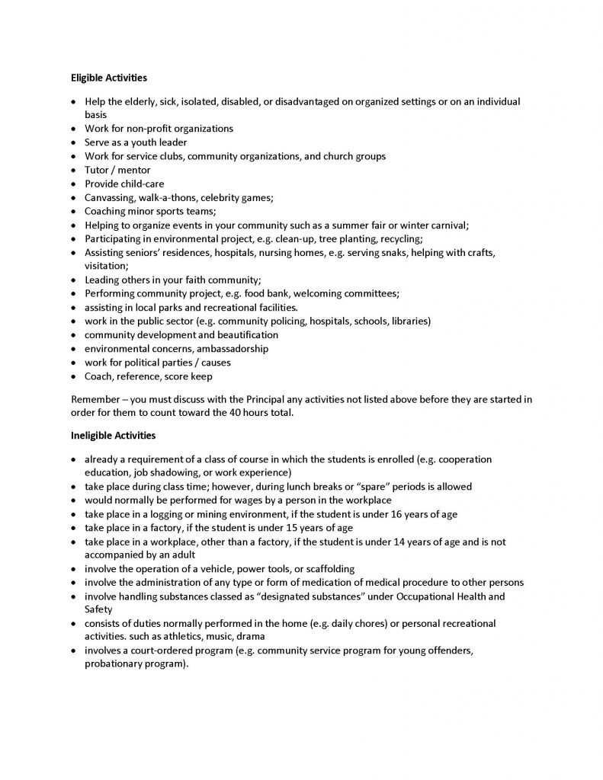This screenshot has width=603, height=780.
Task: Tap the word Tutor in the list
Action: [97, 170]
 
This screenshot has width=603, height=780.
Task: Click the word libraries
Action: [409, 321]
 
